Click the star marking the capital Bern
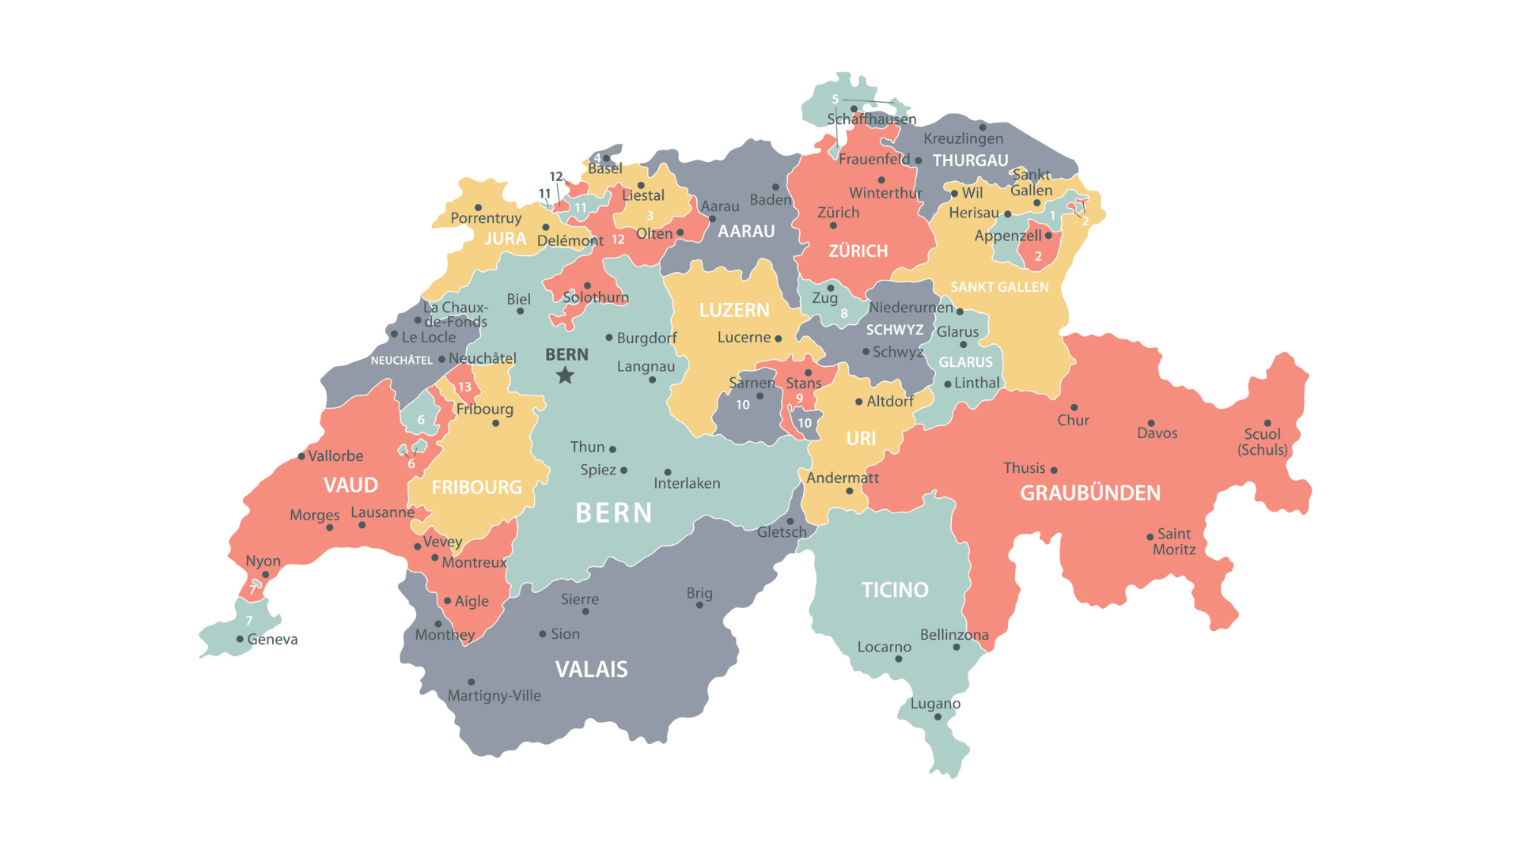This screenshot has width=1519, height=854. pos(565,375)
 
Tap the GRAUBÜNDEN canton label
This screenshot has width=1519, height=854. pos(1090,493)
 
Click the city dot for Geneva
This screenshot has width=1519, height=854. pos(240,639)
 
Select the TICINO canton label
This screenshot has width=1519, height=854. pos(895,590)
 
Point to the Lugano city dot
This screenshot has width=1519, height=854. pos(938,717)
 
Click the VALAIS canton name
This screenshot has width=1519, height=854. pos(591,670)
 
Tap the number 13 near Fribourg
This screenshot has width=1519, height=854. pos(464,387)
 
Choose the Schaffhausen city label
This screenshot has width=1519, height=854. pos(871,119)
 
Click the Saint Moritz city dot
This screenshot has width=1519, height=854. pos(1150,537)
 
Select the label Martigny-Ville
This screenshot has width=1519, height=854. pos(494,696)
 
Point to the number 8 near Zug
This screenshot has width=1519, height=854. pos(844,313)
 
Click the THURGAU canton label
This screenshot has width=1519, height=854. pos(970,161)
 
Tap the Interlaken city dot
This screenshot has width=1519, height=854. pos(668,472)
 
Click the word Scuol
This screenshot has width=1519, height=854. pos(1262,433)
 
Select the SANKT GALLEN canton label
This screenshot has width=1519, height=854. pos(999,287)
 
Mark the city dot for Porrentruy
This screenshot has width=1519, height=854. pos(478,208)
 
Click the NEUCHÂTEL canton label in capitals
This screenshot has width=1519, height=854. pos(401,361)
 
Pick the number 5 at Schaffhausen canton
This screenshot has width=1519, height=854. pos(835,99)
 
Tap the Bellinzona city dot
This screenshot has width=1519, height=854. pos(956,648)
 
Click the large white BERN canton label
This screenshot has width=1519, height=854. pos(614,513)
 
